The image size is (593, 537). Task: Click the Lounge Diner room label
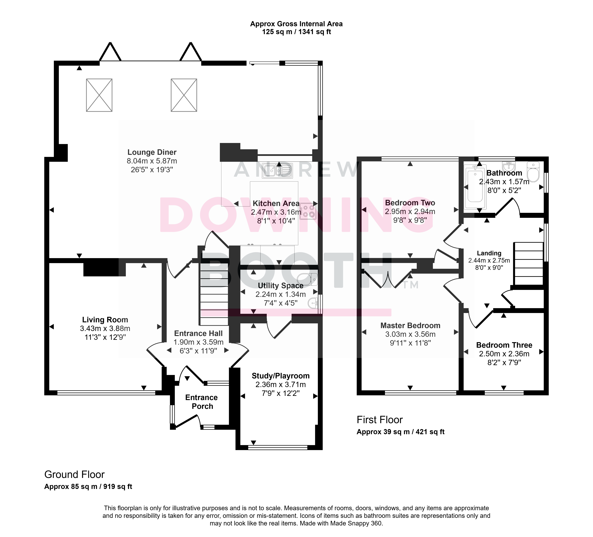coord(152,152)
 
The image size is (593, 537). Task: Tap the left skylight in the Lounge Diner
coord(99,95)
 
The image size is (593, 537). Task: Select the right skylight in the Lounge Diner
coord(184,95)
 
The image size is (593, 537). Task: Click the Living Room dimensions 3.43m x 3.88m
coord(105,329)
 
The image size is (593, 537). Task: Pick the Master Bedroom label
coord(410,326)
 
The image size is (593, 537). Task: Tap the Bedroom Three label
coord(504,345)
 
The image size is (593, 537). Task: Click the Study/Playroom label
coord(281,376)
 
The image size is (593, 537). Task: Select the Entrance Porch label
coord(202,402)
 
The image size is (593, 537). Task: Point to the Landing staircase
coord(528,264)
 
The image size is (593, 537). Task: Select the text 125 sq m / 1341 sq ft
coord(297,32)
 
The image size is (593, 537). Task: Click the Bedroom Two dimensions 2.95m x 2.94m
coord(410,211)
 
